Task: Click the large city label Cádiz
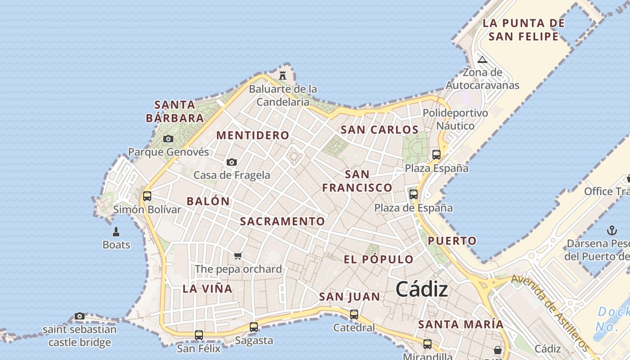[422, 289]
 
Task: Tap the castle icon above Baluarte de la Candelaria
[283, 75]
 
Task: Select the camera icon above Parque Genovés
[168, 139]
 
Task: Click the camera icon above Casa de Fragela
[232, 162]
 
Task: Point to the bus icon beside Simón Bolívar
[147, 196]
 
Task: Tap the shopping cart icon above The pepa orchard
[238, 256]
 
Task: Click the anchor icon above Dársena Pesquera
[612, 230]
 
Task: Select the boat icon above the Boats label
[116, 232]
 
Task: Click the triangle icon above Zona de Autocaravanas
[482, 59]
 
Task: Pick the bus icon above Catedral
[354, 314]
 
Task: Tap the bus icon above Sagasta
[254, 327]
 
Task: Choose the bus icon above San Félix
[199, 335]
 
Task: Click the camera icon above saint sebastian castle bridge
[80, 316]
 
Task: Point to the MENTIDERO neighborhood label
[253, 135]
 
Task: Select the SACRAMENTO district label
[282, 221]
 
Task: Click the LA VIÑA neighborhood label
[207, 289]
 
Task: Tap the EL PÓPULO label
[378, 259]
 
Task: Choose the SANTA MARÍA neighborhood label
[461, 324]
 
